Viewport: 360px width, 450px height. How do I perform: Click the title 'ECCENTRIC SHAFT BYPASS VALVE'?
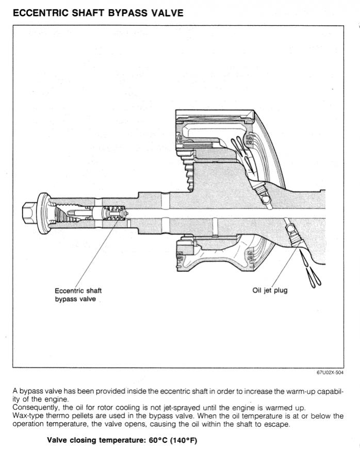tap(97, 12)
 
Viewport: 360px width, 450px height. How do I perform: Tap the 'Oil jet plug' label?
tap(270, 291)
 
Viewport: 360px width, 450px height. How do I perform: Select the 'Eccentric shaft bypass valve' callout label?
tap(78, 295)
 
